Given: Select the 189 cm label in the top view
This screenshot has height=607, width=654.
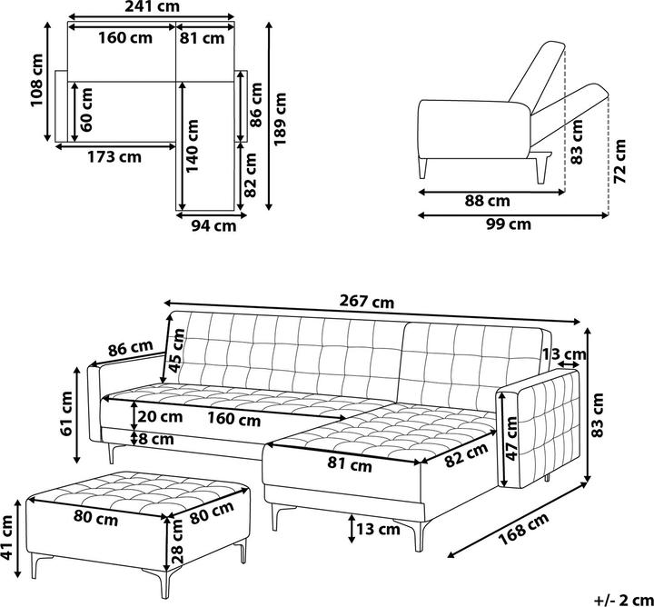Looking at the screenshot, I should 282,116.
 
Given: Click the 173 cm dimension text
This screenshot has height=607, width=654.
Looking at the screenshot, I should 114,156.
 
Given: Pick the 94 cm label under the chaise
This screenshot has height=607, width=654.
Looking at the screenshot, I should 213,226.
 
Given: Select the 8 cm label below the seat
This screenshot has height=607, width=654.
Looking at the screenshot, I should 158,438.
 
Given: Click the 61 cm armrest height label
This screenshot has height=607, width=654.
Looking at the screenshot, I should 67,413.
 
